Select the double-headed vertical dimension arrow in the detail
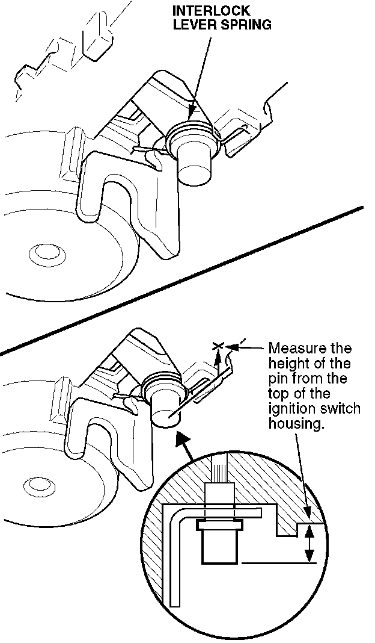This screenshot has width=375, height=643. [309, 544]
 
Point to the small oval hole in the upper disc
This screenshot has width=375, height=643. [43, 251]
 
